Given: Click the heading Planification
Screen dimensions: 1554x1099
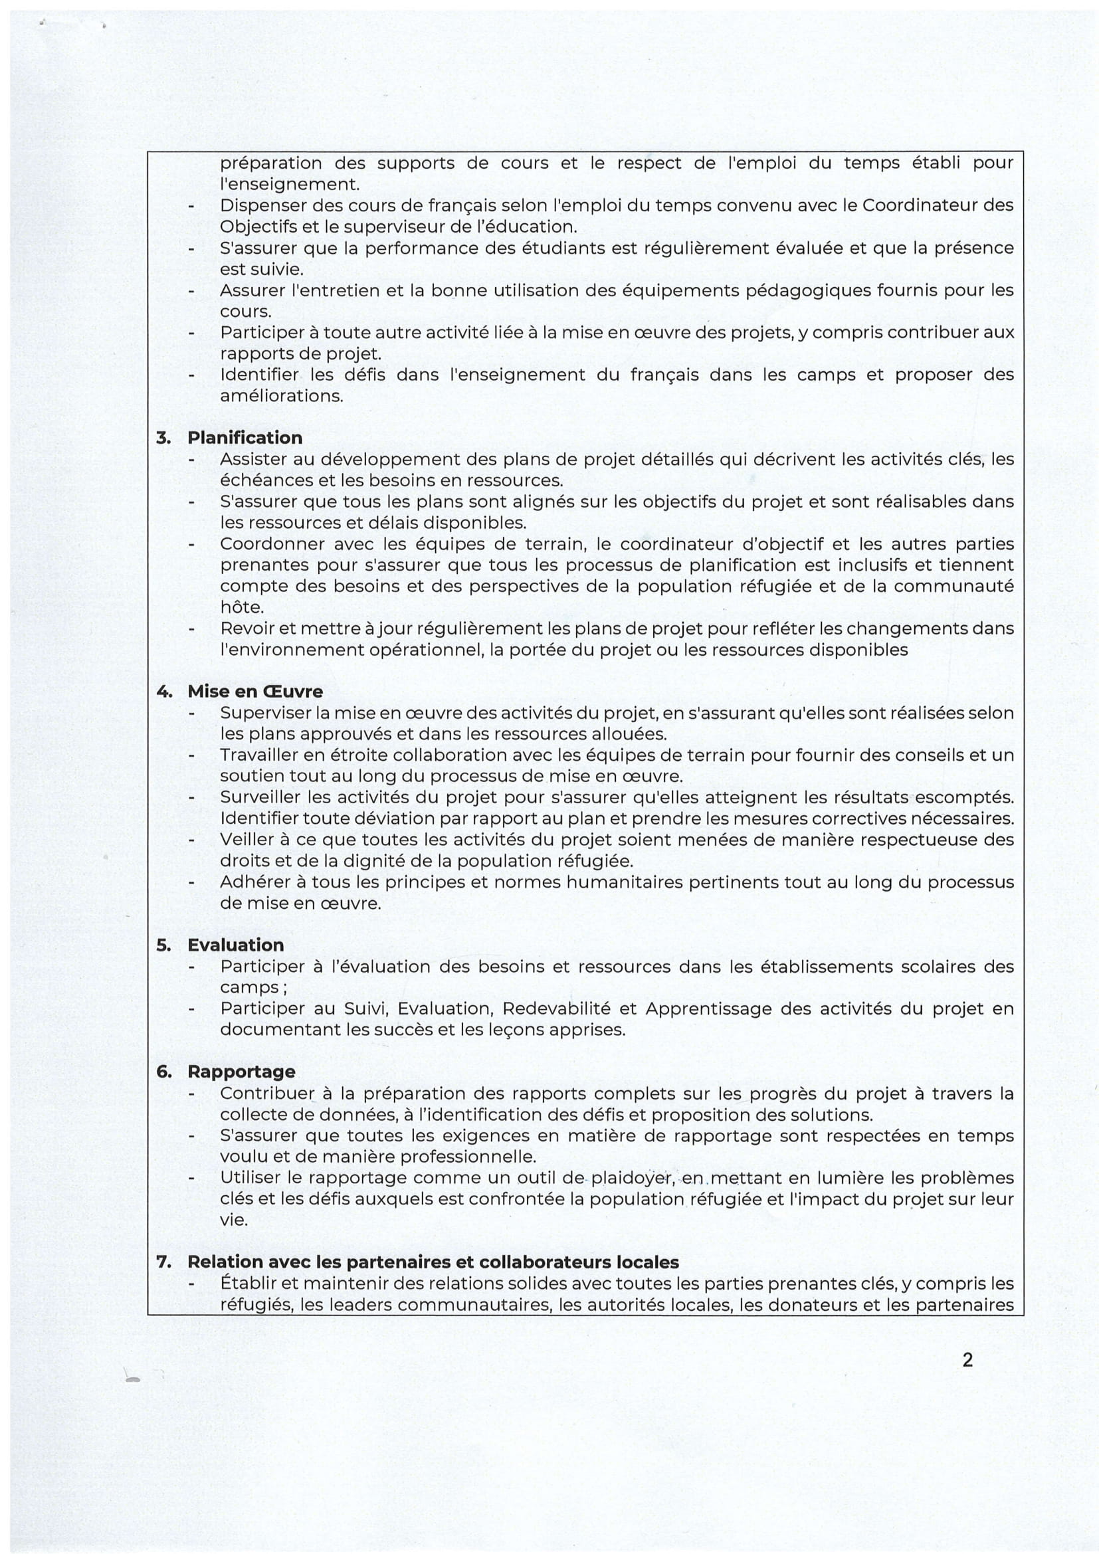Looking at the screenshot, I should [x=245, y=438].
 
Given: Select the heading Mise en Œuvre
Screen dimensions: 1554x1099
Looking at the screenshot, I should [x=255, y=692].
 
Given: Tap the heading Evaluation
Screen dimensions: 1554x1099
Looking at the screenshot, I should [x=235, y=945].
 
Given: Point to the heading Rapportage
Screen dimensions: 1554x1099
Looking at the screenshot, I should [x=242, y=1072].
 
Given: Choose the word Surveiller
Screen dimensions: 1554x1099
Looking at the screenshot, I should [x=259, y=798].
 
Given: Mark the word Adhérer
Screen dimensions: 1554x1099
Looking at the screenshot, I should [x=252, y=882].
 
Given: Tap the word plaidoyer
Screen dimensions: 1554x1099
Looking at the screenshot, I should [x=632, y=1179].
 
